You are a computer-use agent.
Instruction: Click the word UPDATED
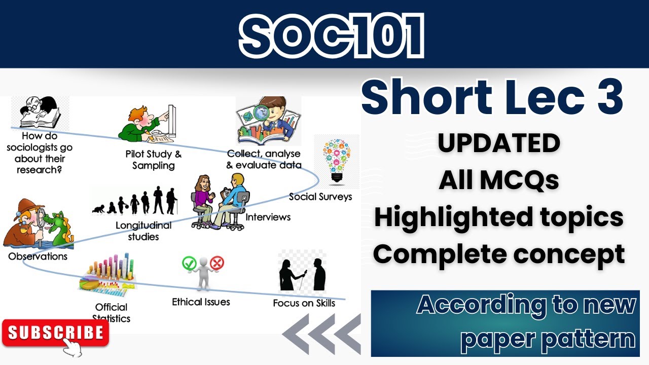tap(499, 144)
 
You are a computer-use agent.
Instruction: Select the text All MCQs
tap(499, 180)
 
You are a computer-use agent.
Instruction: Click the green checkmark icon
tap(189, 263)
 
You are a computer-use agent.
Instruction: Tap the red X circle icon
tap(217, 263)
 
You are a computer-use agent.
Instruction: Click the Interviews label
tap(268, 217)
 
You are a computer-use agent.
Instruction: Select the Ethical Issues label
tap(201, 302)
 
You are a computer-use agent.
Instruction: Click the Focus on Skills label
tap(304, 303)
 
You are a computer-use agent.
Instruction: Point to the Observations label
tap(38, 257)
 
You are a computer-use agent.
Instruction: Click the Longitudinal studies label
tap(144, 231)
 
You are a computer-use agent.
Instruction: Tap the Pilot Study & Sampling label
tap(153, 160)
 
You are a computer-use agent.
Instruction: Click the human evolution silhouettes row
tap(135, 201)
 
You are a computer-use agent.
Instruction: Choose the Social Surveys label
tap(320, 197)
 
